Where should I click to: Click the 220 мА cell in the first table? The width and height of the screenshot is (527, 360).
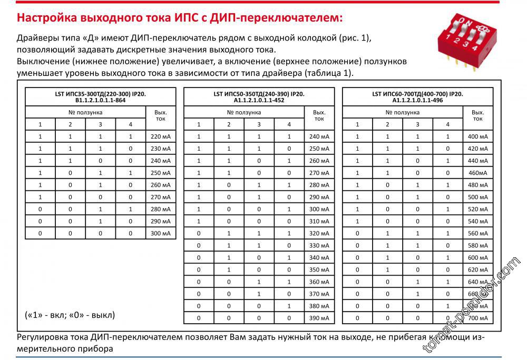tap(161, 137)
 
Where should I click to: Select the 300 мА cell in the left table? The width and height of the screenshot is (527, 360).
tap(161, 233)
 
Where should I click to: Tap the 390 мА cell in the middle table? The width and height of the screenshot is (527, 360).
tap(319, 318)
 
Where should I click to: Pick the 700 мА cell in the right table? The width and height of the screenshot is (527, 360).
tap(477, 318)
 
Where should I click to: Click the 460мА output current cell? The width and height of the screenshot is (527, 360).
tap(477, 173)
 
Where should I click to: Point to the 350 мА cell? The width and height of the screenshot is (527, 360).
tap(319, 269)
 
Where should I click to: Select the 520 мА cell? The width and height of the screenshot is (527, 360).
tap(477, 209)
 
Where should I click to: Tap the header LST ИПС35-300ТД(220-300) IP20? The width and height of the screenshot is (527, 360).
tap(101, 96)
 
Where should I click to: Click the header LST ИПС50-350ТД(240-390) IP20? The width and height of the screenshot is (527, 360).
tap(259, 96)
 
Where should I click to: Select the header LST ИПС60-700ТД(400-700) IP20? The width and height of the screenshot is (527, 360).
tap(417, 96)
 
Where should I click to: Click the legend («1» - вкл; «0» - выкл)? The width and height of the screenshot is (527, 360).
tap(70, 315)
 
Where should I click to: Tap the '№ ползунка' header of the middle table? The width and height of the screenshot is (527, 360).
tap(244, 112)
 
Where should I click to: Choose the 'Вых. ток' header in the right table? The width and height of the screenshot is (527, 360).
tap(477, 115)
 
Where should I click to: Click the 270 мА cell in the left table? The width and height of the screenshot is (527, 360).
tap(161, 197)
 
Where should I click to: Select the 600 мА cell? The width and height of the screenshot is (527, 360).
tap(477, 257)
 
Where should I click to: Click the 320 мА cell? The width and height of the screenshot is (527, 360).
tap(319, 233)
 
